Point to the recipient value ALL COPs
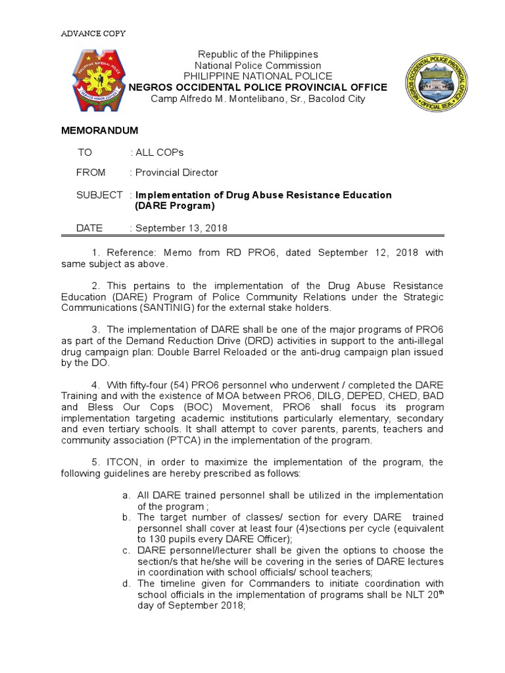(160, 152)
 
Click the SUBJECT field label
(99, 195)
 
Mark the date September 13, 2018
(181, 228)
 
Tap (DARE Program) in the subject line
(175, 206)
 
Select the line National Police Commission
(258, 65)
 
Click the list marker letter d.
(126, 583)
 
